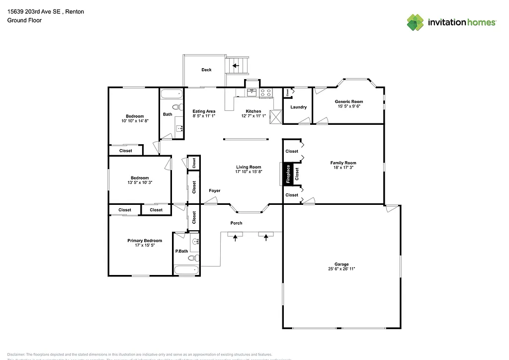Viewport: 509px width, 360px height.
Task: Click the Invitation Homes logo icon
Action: point(415,22)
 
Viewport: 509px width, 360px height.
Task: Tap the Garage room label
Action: point(341,264)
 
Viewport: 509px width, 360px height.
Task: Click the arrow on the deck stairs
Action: point(236,65)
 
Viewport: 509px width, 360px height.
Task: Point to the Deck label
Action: point(206,70)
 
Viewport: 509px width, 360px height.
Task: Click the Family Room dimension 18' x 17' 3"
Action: point(343,168)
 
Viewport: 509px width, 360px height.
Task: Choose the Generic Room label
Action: point(348,101)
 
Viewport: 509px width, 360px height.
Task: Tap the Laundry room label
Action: point(298,107)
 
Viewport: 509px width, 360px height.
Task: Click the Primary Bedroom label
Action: point(145,241)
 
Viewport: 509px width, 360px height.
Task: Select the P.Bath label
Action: point(182,251)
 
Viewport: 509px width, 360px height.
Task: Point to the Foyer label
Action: point(214,190)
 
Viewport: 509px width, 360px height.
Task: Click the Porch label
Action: point(237,223)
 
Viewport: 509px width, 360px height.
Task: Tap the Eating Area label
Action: point(204,111)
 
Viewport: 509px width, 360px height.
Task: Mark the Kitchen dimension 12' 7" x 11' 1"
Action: point(253,116)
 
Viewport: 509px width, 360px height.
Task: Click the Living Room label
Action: point(249,167)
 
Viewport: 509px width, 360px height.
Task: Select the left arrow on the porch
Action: point(236,238)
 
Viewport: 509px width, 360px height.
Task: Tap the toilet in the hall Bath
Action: point(176,107)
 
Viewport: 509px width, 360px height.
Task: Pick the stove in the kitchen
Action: point(265,91)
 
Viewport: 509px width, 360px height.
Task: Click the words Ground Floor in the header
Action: point(24,20)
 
